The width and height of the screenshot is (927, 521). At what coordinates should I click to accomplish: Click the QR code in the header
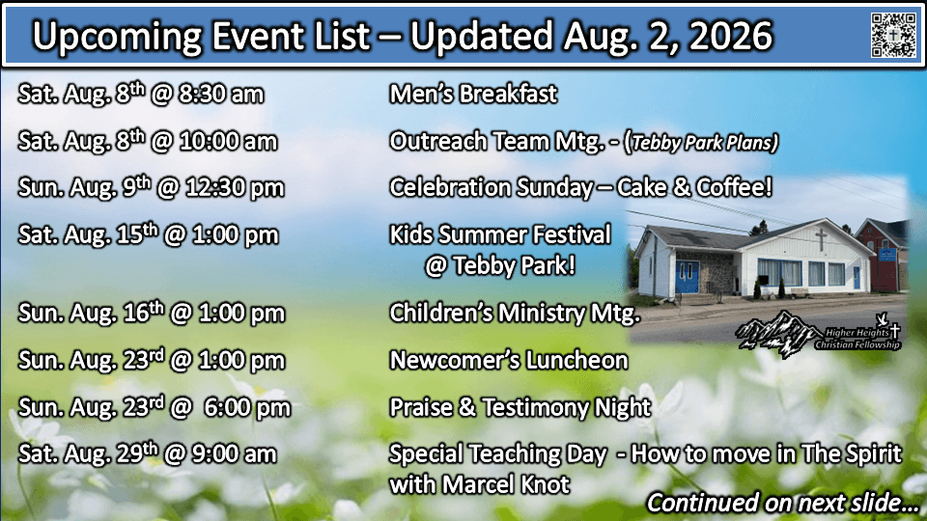(893, 36)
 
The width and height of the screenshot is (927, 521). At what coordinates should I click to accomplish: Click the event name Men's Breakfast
(473, 94)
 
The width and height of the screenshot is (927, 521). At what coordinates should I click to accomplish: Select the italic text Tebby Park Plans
(703, 143)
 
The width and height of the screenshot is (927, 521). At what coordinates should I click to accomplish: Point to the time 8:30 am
(221, 95)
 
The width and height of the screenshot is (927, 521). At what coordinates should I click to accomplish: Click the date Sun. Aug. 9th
(85, 187)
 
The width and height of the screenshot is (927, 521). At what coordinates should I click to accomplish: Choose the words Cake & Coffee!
(694, 187)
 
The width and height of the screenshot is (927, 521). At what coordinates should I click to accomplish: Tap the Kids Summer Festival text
(499, 234)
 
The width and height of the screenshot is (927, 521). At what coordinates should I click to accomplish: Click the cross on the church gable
(821, 238)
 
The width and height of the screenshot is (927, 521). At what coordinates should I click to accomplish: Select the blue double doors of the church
(687, 277)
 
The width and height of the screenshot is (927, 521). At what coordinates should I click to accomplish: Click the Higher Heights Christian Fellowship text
(858, 339)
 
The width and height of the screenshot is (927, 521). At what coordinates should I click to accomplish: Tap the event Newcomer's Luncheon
(509, 360)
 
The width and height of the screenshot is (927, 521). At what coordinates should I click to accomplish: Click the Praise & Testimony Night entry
(520, 407)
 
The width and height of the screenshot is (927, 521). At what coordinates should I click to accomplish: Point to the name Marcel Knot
(506, 485)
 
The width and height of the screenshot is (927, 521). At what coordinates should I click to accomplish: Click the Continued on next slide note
(782, 503)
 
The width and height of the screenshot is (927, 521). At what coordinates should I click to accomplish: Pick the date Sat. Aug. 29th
(88, 453)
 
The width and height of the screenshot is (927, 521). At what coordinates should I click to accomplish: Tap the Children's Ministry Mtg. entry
(515, 313)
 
